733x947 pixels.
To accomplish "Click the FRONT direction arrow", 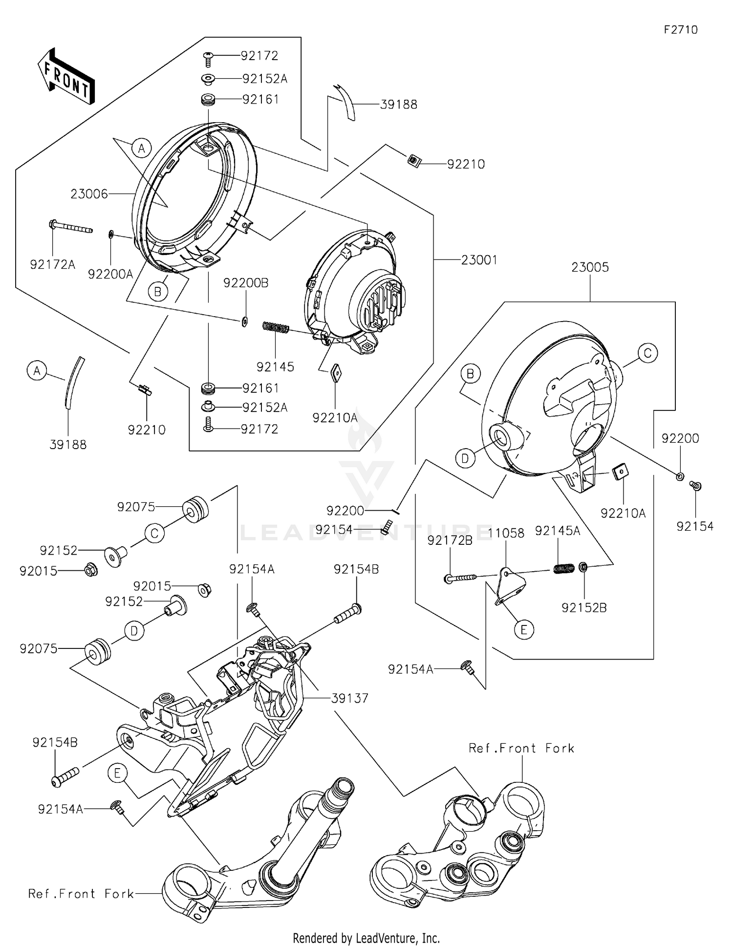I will point(66,76).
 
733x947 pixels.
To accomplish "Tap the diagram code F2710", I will point(680,30).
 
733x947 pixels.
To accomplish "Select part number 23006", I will point(89,194).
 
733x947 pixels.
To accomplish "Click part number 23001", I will point(479,259).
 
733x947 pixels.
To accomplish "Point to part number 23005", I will point(590,267).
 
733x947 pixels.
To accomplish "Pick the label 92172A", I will point(53,265).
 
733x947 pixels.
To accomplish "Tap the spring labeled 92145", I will point(277,327).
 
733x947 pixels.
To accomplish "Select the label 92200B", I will point(246,283).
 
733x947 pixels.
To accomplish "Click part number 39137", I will point(349,698).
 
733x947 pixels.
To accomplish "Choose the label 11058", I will point(506,533).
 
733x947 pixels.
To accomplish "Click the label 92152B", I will point(584,608).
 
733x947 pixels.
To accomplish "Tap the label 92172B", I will point(450,540).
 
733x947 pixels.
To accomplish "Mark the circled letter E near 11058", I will point(524,630).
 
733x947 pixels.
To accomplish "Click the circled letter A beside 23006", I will point(142,148).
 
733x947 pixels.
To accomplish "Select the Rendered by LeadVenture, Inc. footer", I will point(366,938).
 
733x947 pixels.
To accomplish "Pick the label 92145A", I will point(557,531).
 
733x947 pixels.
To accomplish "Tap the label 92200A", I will point(110,274).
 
